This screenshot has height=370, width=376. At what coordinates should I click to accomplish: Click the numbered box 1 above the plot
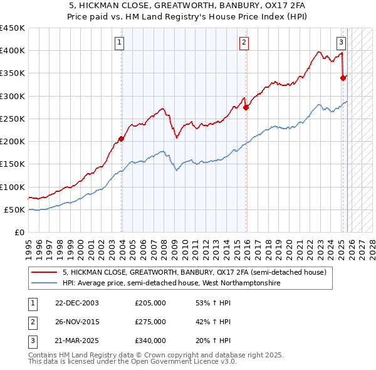(119, 43)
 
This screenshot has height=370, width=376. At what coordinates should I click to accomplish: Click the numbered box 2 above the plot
(243, 43)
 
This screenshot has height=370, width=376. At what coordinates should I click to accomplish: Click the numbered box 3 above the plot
(340, 43)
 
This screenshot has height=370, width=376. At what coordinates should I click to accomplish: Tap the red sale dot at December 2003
(122, 139)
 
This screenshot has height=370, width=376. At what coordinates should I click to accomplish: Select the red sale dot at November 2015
(246, 107)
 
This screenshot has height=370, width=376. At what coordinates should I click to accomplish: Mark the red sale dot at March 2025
(343, 78)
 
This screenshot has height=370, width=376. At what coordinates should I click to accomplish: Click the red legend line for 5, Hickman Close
(44, 273)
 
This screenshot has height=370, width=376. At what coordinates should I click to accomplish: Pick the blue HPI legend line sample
(44, 283)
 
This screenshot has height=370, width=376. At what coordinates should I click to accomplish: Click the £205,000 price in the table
(150, 302)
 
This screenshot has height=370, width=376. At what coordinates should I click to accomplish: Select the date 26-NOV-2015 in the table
(76, 322)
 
